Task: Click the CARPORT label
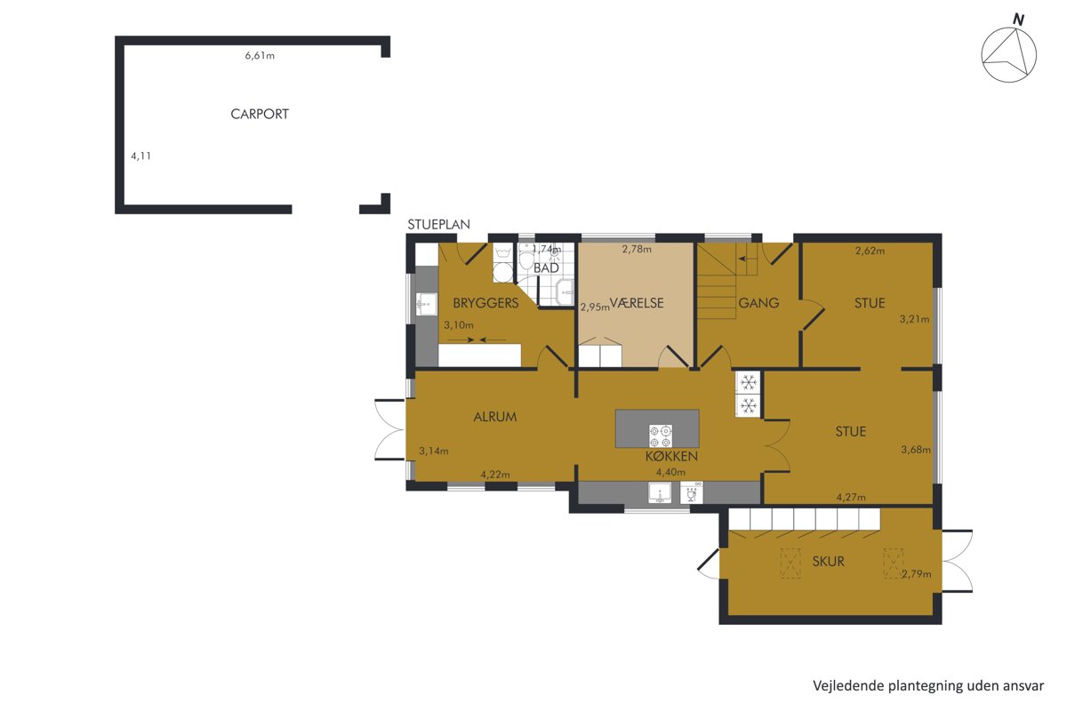tap(260, 115)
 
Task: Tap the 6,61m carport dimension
tap(260, 56)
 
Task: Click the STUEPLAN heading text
tap(438, 224)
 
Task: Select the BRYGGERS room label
tap(485, 303)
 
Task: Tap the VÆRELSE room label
tap(637, 303)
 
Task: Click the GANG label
tap(758, 303)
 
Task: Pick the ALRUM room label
tap(495, 417)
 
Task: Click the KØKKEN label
tap(671, 456)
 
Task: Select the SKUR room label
tap(829, 562)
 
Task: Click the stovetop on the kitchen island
tap(661, 436)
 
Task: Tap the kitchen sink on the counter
tap(660, 492)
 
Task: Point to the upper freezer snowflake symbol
tap(749, 382)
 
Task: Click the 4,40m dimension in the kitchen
tap(670, 472)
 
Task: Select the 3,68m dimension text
tap(916, 449)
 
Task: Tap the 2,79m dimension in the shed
tap(917, 574)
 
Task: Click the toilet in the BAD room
tap(526, 258)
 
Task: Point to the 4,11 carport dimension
tap(141, 156)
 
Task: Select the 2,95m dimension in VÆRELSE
tap(595, 308)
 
